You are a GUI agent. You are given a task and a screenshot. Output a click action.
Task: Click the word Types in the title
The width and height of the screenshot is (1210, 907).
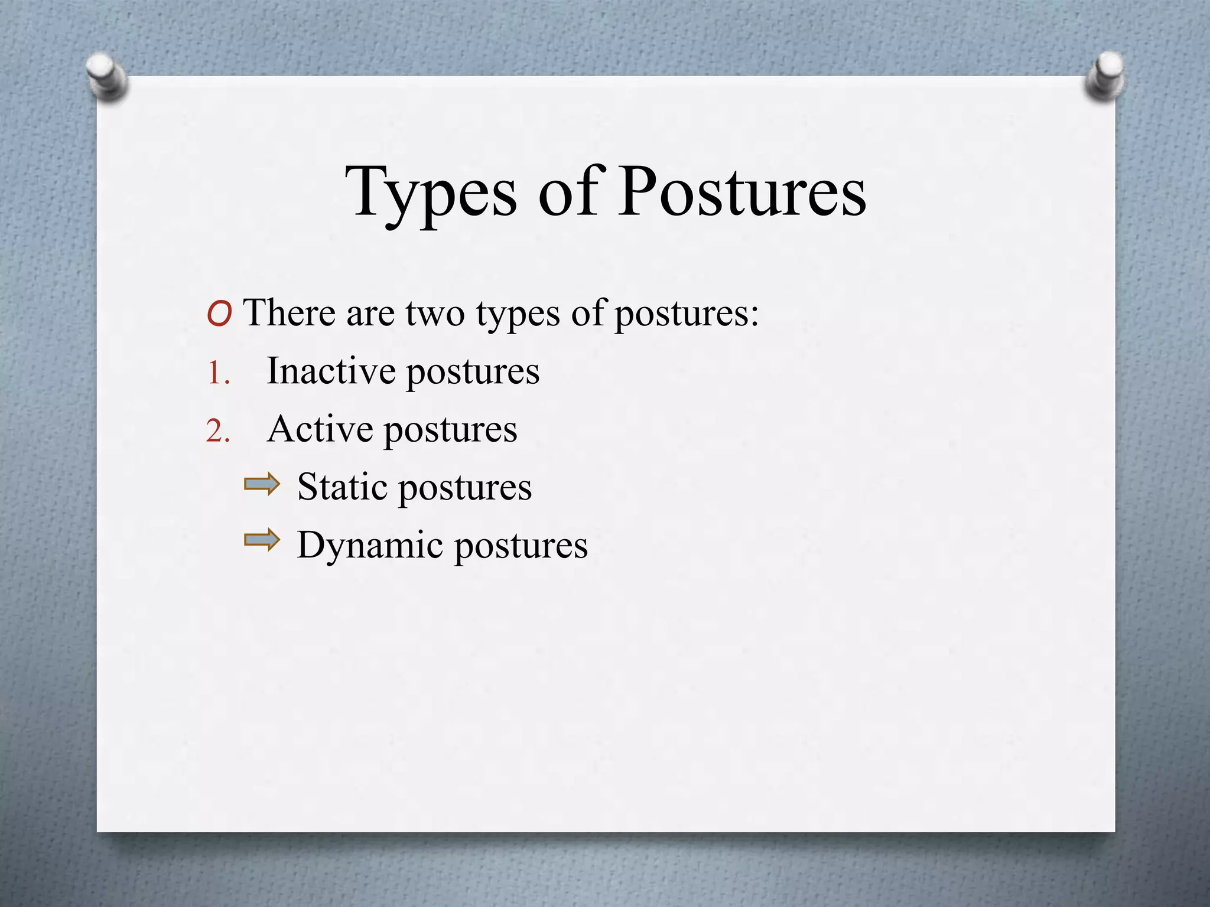click(431, 193)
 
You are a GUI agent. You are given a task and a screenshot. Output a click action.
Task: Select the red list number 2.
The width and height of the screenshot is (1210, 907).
click(218, 432)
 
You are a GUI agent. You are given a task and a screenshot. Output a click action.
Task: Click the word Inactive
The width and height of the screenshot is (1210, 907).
click(331, 371)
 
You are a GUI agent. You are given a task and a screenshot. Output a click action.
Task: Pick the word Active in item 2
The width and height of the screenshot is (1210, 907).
click(320, 429)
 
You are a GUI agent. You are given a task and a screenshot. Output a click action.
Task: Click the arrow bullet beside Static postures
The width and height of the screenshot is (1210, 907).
click(262, 484)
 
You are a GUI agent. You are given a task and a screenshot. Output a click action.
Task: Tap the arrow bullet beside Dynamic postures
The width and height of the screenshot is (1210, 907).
click(262, 540)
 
